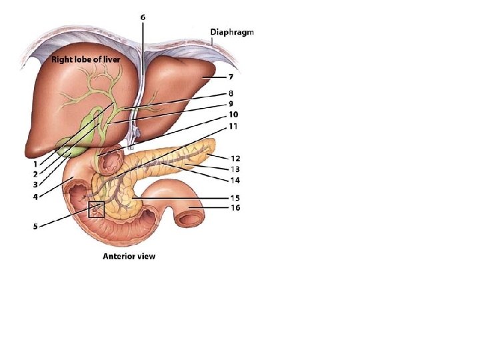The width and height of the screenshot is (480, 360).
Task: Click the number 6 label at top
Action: pyautogui.click(x=143, y=18)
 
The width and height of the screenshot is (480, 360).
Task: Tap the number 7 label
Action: pyautogui.click(x=231, y=78)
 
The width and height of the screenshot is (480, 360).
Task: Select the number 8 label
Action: pyautogui.click(x=231, y=94)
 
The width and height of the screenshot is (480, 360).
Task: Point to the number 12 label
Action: pyautogui.click(x=235, y=159)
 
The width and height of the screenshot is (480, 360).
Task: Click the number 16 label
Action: pyautogui.click(x=235, y=208)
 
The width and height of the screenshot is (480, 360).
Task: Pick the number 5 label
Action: pyautogui.click(x=35, y=227)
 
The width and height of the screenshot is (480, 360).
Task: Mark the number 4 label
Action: pyautogui.click(x=35, y=196)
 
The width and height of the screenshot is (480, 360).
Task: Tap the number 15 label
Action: pyautogui.click(x=235, y=198)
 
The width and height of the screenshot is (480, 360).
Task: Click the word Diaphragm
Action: pyautogui.click(x=232, y=31)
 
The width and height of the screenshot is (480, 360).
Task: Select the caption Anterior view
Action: pyautogui.click(x=129, y=256)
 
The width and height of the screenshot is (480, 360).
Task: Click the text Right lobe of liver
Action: pyautogui.click(x=85, y=59)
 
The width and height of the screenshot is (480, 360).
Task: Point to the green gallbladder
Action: pyautogui.click(x=71, y=145)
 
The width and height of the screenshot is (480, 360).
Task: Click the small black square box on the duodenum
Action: pyautogui.click(x=97, y=210)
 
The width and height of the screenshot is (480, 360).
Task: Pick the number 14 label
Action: pyautogui.click(x=235, y=180)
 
